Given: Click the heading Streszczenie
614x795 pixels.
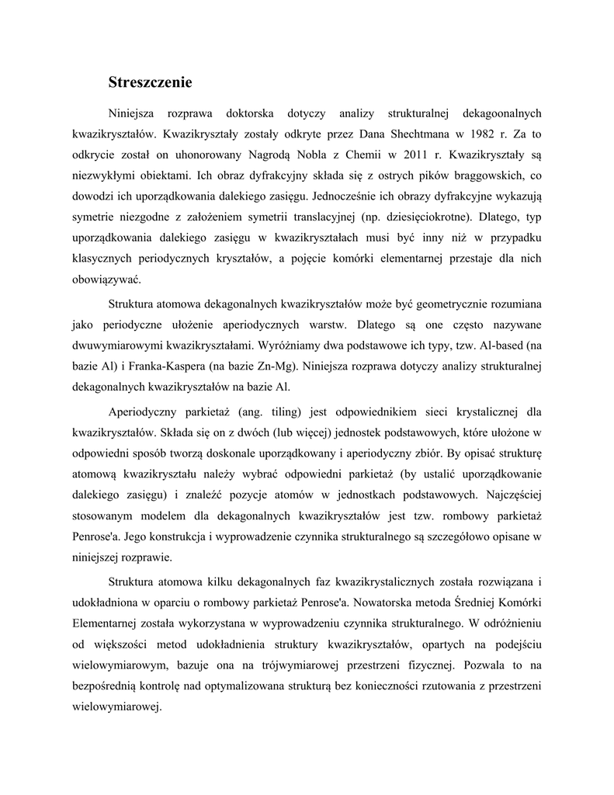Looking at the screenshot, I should click(x=150, y=81).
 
